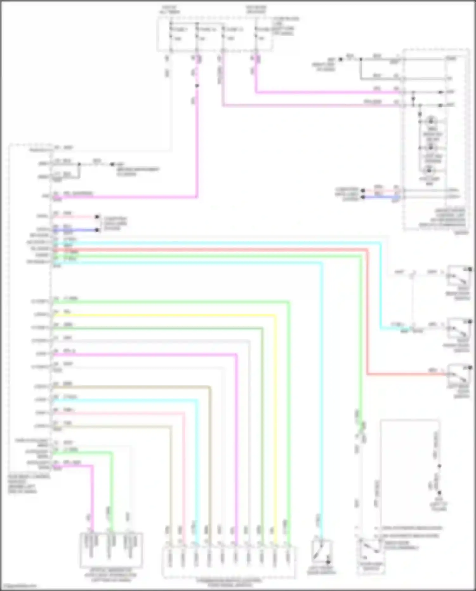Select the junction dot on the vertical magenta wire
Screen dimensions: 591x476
pyautogui.click(x=197, y=86)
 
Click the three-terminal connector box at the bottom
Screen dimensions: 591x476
pyautogui.click(x=111, y=551)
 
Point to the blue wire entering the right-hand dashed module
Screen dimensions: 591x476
pyautogui.click(x=381, y=197)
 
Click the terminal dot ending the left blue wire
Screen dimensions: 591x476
pyautogui.click(x=97, y=230)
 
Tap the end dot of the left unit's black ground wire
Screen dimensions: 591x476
pyautogui.click(x=112, y=164)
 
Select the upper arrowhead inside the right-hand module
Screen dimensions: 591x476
pyautogui.click(x=441, y=92)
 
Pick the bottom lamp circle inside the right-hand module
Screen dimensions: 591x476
pyautogui.click(x=429, y=170)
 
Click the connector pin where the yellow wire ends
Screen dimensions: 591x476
pyautogui.click(x=275, y=554)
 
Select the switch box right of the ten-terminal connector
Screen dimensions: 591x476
pyautogui.click(x=321, y=553)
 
